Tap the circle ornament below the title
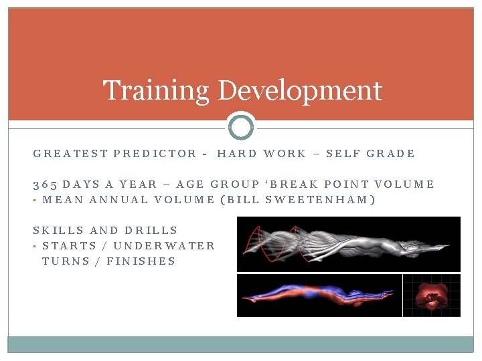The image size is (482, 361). pos(241,126)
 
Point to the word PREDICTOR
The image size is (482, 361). pos(155,154)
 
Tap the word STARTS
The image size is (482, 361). pos(70,246)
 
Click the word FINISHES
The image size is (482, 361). pos(143,261)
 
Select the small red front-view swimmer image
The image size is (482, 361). pos(431,295)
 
